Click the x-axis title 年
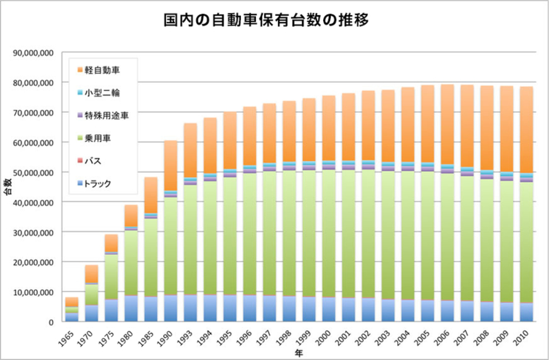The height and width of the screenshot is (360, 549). point(299,352)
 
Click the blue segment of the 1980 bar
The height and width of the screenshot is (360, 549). point(131,309)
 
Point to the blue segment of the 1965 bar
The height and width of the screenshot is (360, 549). point(71,317)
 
